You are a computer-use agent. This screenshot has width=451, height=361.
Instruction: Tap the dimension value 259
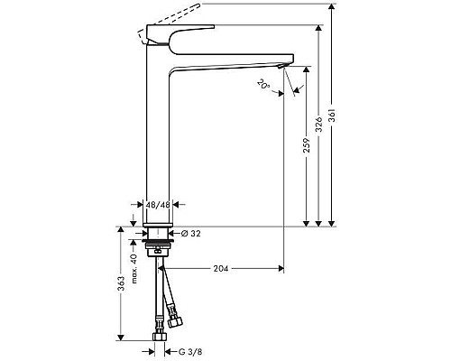point(307,144)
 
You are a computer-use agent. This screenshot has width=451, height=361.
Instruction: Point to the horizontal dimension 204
point(220,268)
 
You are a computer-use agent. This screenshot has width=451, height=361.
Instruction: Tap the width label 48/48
point(159,206)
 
